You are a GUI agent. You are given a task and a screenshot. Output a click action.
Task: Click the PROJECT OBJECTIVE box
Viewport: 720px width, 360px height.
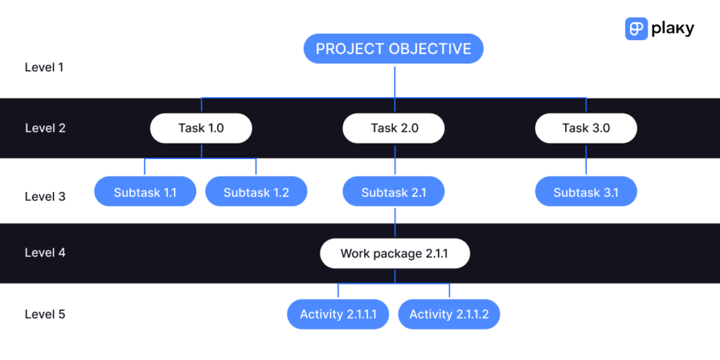tap(394, 49)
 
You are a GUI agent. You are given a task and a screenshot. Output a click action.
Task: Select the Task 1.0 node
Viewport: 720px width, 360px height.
tap(201, 128)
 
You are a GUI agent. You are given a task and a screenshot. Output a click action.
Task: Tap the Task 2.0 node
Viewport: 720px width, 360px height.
tap(394, 128)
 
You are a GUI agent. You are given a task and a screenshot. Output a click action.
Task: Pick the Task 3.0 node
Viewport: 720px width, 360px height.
tap(586, 128)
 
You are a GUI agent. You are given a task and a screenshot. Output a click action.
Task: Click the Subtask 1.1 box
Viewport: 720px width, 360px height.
tap(145, 192)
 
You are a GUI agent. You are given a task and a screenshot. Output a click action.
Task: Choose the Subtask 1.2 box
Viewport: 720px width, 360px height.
tap(256, 192)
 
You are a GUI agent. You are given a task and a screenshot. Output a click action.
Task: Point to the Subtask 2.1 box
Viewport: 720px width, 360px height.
tap(394, 192)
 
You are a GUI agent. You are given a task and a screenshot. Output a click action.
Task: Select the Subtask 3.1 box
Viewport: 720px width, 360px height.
tap(586, 192)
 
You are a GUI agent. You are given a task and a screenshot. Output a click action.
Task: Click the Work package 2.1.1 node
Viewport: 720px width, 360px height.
tap(394, 253)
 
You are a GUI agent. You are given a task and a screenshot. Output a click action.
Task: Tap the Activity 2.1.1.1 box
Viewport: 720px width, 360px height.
tap(338, 314)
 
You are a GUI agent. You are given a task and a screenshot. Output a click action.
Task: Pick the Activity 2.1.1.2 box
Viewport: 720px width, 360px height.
tap(449, 314)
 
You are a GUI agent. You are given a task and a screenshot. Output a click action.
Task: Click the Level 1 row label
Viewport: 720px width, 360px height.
tap(44, 67)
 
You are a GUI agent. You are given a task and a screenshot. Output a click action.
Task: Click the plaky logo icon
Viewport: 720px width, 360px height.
tap(636, 28)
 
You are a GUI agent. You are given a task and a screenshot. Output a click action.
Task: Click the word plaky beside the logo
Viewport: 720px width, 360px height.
tap(672, 28)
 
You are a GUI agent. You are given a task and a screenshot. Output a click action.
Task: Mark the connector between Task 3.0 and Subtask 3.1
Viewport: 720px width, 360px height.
tap(586, 160)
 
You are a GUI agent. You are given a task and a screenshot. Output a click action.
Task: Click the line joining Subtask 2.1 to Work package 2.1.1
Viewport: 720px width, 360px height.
tap(394, 223)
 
